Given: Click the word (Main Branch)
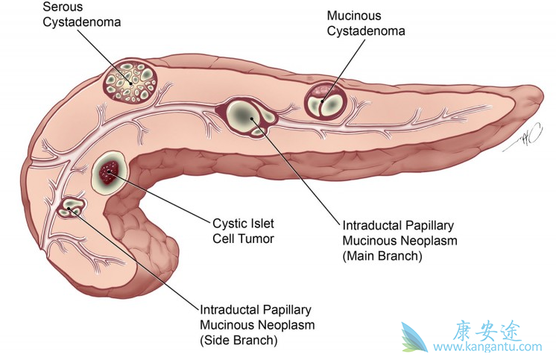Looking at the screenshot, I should pos(382,256).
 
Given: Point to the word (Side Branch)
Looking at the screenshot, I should pos(238,341).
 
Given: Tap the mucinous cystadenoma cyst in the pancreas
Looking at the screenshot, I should pos(326,100).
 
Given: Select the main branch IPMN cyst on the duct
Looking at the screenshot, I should pos(247,116).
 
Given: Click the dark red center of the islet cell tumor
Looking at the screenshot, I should pos(111,172).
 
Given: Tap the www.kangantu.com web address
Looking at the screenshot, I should pos(488,347).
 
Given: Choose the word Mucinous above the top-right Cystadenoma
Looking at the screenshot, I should pos(354,16).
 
